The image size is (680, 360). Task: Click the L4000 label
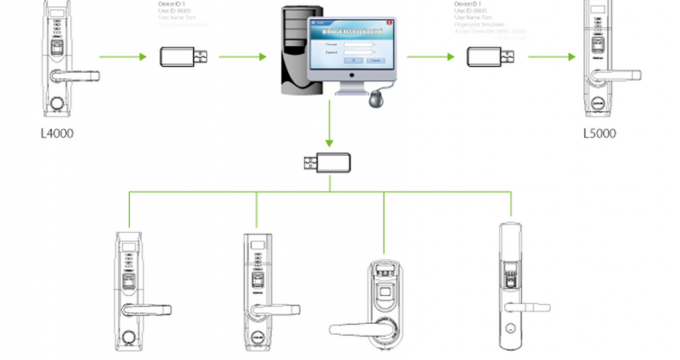(x=57, y=134)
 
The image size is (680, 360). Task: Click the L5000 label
(x=600, y=134)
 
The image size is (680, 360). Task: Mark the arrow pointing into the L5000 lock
(x=551, y=57)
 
